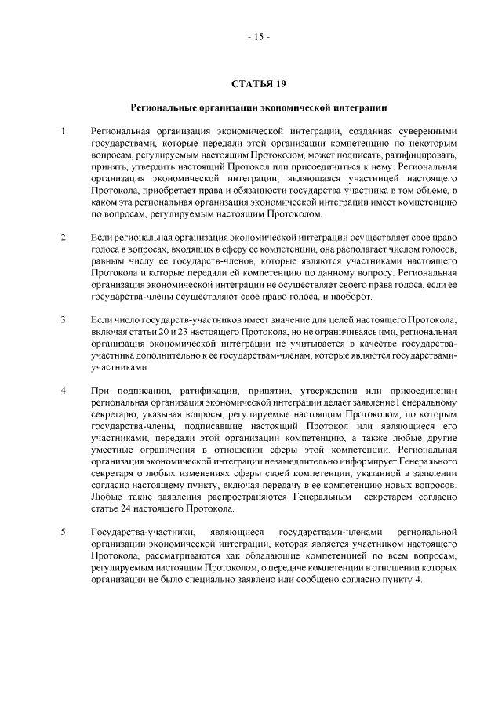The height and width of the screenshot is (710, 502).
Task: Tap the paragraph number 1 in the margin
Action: tap(63, 130)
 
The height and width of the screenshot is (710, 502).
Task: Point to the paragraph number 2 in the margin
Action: tap(63, 236)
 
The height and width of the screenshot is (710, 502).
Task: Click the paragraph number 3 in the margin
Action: tap(63, 321)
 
